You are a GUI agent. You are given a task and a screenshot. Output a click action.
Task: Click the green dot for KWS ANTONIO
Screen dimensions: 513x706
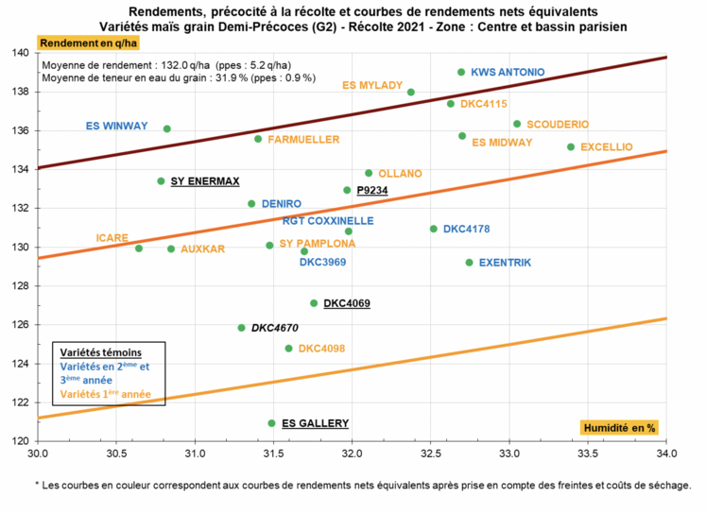[x=461, y=72]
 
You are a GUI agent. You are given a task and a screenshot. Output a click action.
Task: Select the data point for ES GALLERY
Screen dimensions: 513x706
[x=272, y=423]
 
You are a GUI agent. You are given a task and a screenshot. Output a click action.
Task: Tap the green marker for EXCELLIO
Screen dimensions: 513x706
[x=571, y=146]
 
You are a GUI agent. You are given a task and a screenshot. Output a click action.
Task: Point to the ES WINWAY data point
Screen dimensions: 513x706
[x=167, y=128]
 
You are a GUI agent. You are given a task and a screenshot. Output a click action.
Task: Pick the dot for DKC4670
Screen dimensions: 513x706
[x=241, y=328]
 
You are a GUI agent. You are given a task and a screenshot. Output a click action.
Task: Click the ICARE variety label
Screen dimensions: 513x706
[x=112, y=238]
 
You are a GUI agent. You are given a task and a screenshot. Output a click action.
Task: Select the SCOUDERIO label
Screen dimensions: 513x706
[x=558, y=125]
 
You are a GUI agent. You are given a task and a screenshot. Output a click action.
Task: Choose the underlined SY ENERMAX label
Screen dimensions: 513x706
[x=205, y=180]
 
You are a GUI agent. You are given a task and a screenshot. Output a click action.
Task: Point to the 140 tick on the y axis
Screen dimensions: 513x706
[x=24, y=53]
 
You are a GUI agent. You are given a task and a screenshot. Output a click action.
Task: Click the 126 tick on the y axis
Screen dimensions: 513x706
[x=24, y=325]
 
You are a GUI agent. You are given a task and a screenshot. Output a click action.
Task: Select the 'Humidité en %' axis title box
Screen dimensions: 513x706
[x=618, y=428]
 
